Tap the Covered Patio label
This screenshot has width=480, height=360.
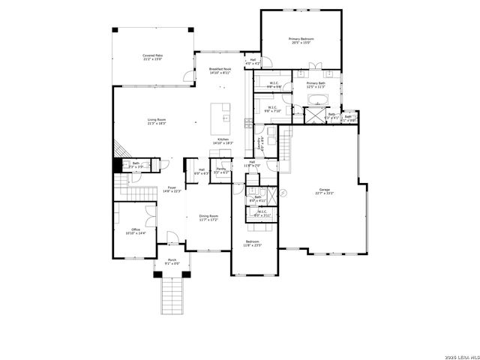point(153,57)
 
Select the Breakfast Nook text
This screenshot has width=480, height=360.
point(220,70)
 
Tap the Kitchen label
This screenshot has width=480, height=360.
point(223,140)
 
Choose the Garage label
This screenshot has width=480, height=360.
point(324,192)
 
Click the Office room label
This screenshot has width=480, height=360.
point(136,231)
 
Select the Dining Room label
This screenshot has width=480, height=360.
point(208,217)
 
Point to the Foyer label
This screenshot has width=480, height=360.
point(172,189)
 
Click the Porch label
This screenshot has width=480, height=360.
point(172,262)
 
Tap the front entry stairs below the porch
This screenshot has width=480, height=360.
point(172,294)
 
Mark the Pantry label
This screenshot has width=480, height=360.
point(221,170)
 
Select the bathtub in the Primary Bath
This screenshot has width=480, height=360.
point(318,100)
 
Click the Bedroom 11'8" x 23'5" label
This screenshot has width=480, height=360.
point(253,244)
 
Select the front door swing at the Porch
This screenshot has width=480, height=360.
point(172,238)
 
